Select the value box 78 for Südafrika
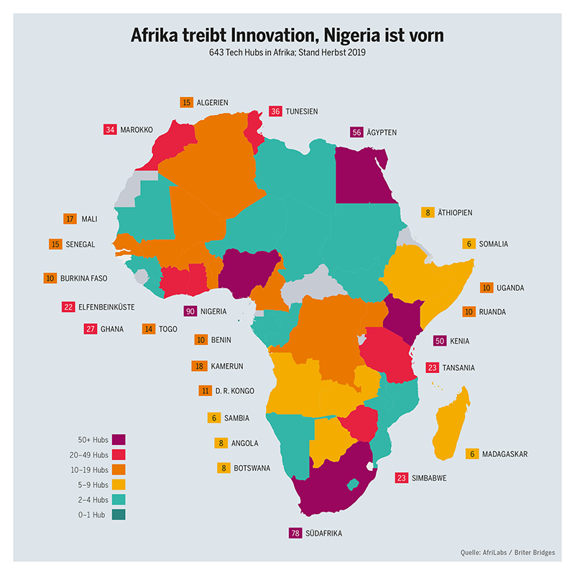(x=295, y=533)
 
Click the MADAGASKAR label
(x=505, y=454)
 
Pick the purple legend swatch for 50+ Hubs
(x=119, y=440)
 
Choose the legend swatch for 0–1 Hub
(x=119, y=515)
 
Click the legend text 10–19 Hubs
(x=93, y=470)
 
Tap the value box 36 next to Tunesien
(x=275, y=111)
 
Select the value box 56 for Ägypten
(x=356, y=132)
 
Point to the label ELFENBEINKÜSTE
(x=108, y=307)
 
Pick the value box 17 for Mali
(x=70, y=219)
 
